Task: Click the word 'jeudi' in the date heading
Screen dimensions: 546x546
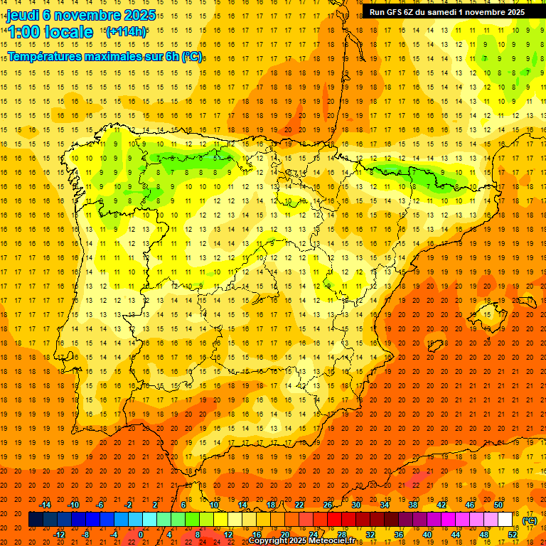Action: point(23,15)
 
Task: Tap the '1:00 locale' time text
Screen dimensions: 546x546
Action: point(50,32)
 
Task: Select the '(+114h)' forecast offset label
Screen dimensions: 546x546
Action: point(126,31)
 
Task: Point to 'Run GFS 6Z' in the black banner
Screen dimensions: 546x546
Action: point(390,12)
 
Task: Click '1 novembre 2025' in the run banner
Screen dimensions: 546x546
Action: point(491,12)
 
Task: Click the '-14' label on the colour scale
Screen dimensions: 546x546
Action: point(45,505)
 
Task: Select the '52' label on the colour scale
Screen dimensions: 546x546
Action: point(512,534)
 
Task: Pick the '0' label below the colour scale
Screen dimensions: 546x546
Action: point(140,534)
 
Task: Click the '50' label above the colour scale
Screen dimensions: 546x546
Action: point(498,505)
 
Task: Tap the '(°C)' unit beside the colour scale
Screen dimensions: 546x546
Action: point(530,520)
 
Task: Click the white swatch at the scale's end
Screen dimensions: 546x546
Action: point(505,520)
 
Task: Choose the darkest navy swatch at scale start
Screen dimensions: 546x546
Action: point(36,520)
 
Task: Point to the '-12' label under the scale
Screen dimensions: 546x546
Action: point(59,534)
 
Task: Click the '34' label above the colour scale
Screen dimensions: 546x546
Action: point(384,505)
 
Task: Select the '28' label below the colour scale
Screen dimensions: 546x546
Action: point(341,534)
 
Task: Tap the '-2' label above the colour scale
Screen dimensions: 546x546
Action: point(129,505)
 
